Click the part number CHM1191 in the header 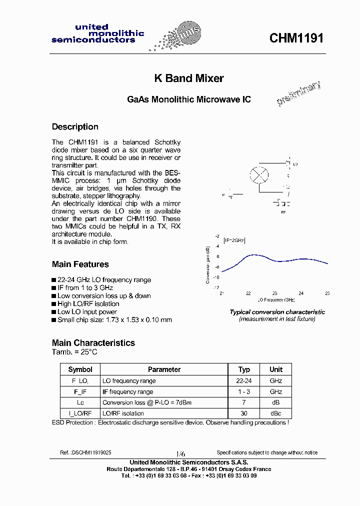296,38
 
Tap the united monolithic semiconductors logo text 97,33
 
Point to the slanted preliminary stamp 298,94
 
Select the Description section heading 75,127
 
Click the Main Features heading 80,264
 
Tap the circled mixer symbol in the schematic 258,175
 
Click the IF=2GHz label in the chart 234,240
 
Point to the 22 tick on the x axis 248,293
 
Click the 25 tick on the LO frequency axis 327,293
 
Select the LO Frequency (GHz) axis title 276,300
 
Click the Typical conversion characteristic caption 277,312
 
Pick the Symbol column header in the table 80,369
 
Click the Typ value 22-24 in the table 244,381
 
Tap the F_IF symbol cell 80,392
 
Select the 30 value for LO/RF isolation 244,413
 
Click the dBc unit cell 276,413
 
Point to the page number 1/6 179,452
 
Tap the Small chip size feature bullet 114,320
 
